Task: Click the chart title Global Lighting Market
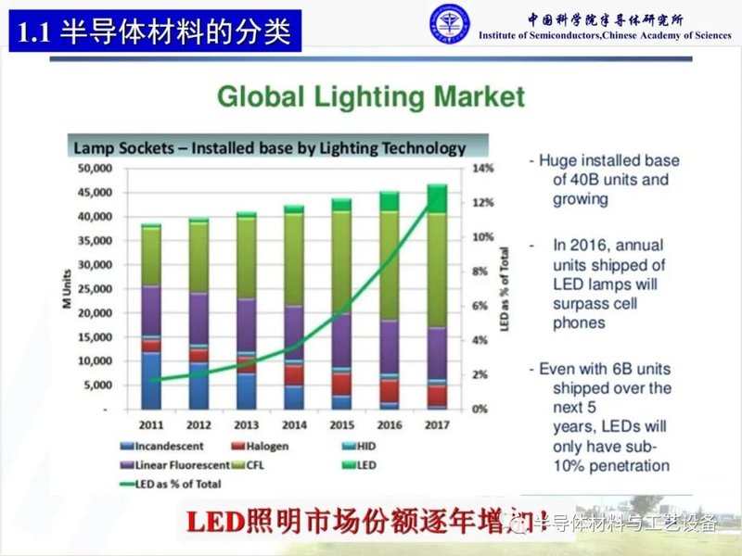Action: [370, 96]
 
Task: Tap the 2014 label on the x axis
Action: [294, 425]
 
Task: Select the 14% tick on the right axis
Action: [484, 169]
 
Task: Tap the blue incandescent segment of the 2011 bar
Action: [151, 380]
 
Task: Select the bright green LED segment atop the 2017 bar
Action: [437, 198]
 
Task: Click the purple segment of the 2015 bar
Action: [341, 340]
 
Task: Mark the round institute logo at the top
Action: [449, 25]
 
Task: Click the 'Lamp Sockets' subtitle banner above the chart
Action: [269, 147]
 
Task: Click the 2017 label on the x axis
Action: [437, 425]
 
